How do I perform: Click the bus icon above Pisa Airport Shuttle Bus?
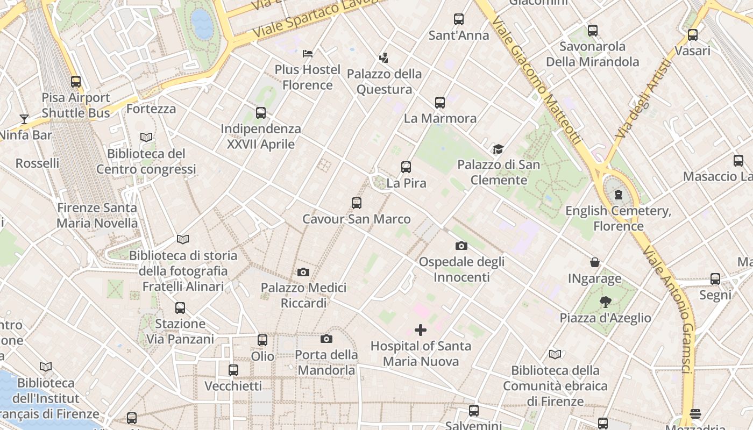pos(76,82)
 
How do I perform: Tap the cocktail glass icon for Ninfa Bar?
pos(24,119)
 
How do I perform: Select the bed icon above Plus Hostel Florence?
pos(308,54)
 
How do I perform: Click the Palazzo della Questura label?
pos(384,82)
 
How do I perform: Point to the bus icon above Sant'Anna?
pos(459,19)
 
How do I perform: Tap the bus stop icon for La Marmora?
pos(440,102)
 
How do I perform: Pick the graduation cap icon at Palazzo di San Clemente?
pos(499,149)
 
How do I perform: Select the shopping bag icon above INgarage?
pos(595,262)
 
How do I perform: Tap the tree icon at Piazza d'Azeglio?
pos(606,302)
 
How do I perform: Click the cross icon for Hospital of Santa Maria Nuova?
pos(421,330)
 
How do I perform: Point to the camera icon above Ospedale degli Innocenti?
pos(461,246)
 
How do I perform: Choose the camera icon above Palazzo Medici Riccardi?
pos(303,272)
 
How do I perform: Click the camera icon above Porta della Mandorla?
pos(326,339)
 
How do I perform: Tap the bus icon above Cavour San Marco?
pos(357,203)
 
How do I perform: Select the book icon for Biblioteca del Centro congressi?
pos(146,138)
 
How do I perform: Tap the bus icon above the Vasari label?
pos(693,35)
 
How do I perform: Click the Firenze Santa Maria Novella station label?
pos(97,215)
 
